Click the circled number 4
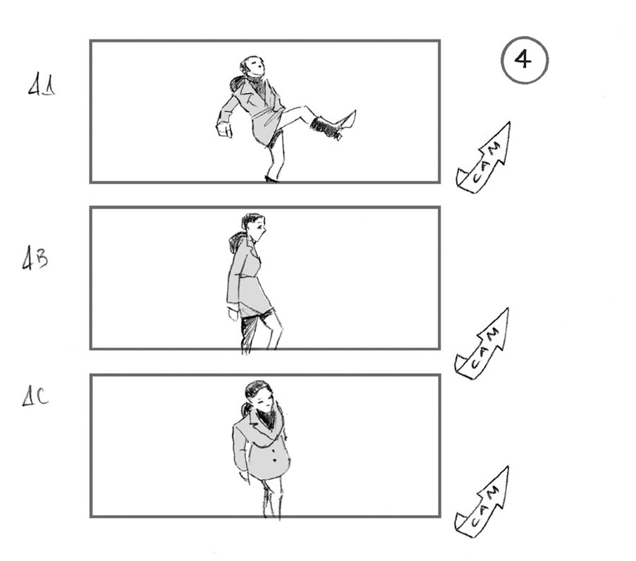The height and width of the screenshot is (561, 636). click(524, 60)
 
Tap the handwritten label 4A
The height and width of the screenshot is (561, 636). click(42, 88)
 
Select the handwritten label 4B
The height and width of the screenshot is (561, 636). click(35, 260)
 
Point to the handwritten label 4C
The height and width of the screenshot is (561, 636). click(35, 398)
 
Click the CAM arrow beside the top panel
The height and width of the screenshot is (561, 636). click(485, 157)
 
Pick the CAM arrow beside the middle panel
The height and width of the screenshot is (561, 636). click(484, 343)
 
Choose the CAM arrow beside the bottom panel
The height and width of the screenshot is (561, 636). click(484, 502)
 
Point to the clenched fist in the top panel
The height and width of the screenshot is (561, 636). click(224, 129)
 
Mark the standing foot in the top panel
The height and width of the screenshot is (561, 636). click(271, 179)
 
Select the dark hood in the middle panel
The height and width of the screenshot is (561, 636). click(236, 244)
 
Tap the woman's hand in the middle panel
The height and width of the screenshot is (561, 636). click(233, 313)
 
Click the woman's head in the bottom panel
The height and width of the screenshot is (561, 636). click(257, 395)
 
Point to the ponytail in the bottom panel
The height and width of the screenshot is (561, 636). click(245, 409)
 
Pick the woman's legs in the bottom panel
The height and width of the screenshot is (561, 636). click(272, 497)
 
